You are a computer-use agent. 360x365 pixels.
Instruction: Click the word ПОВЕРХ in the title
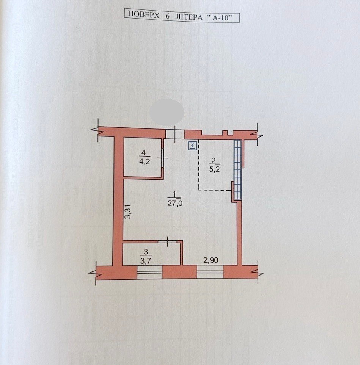tap(144, 15)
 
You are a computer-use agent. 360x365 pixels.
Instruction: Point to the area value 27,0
tap(175, 203)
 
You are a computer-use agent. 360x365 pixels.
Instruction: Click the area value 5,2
tap(214, 169)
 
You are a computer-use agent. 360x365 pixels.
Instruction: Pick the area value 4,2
tap(145, 161)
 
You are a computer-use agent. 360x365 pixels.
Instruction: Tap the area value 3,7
tap(146, 260)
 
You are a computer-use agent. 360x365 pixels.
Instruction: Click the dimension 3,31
tap(128, 212)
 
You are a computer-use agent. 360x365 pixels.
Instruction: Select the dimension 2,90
tap(211, 260)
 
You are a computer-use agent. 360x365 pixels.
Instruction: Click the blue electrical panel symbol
tap(193, 146)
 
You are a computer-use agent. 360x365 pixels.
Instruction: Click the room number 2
tap(213, 160)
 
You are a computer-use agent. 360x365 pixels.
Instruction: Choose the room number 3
tap(146, 251)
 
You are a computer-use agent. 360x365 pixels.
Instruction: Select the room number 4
tap(143, 153)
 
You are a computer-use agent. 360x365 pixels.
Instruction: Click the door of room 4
tap(162, 158)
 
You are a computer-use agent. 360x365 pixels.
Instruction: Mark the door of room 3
tap(167, 242)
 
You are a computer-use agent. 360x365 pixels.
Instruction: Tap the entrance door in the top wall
tap(175, 134)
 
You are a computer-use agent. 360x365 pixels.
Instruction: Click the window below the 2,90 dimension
tap(210, 272)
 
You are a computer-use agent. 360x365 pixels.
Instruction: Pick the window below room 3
tap(149, 273)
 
